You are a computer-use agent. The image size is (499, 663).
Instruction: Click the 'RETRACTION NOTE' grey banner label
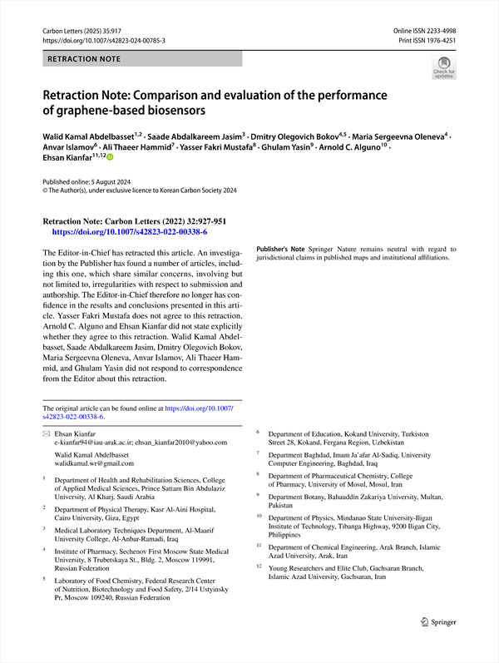(84, 59)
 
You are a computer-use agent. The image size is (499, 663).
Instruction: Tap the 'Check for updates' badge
(443, 67)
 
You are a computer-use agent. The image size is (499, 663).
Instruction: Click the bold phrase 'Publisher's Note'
(281, 250)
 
